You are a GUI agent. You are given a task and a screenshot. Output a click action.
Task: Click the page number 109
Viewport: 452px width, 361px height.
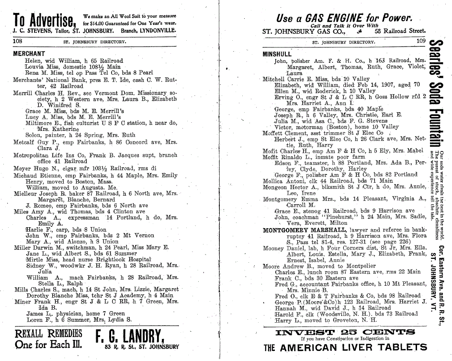coord(420,42)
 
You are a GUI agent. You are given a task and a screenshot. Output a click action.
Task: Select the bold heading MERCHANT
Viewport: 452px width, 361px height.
coord(29,54)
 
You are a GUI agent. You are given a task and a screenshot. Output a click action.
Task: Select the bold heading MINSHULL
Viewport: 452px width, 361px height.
coord(277,54)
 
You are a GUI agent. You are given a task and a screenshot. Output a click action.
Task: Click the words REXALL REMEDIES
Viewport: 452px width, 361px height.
coord(49,333)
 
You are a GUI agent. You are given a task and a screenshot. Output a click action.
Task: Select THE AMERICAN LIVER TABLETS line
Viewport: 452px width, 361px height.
coord(345,348)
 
